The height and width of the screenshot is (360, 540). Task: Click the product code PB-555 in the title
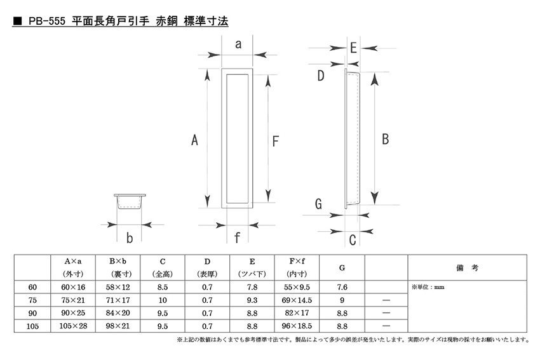[x=47, y=21]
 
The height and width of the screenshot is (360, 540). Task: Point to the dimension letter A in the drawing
[x=194, y=140]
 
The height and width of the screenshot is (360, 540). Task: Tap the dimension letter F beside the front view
[x=275, y=141]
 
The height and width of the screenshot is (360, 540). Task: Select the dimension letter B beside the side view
[x=386, y=139]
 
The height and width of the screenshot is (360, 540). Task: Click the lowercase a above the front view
[x=238, y=44]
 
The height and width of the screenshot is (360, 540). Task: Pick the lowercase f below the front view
[x=237, y=237]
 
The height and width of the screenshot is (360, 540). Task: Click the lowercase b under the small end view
[x=130, y=238]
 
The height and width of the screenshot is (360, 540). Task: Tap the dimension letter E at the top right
[x=353, y=48]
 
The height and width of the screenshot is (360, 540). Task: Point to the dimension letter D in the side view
[x=320, y=76]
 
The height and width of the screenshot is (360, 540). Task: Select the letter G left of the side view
[x=318, y=204]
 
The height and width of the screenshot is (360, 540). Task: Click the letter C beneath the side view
[x=353, y=240]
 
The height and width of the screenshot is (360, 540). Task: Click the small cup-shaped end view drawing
[x=130, y=201]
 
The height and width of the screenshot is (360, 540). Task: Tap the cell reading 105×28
[x=73, y=326]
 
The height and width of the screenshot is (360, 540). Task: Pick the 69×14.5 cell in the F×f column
[x=297, y=300]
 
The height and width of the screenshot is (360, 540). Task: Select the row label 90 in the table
[x=32, y=313]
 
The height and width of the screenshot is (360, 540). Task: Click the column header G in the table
[x=342, y=267]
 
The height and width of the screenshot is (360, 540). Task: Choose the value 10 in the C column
[x=163, y=300]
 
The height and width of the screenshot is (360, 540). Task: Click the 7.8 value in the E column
[x=252, y=287]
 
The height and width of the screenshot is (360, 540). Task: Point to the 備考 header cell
[x=467, y=267]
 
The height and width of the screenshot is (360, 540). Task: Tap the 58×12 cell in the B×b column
[x=118, y=287]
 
